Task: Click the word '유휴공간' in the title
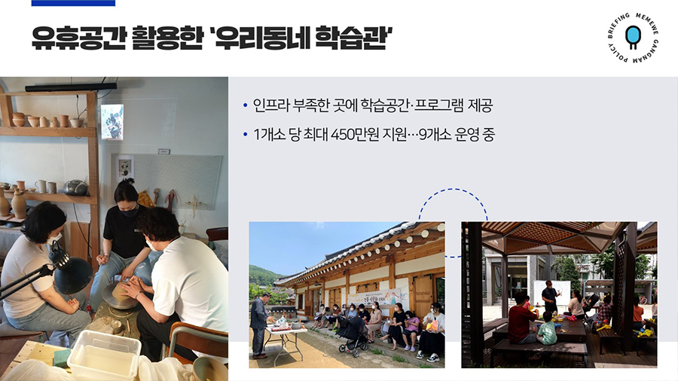(78, 38)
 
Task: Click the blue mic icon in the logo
(633, 37)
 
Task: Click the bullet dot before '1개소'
(245, 136)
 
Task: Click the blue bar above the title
(73, 3)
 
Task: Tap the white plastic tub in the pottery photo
(104, 354)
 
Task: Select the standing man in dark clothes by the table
(260, 325)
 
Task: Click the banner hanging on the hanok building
(378, 297)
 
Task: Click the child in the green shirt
(547, 329)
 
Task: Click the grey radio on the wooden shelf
(75, 187)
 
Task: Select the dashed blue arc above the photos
(454, 189)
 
